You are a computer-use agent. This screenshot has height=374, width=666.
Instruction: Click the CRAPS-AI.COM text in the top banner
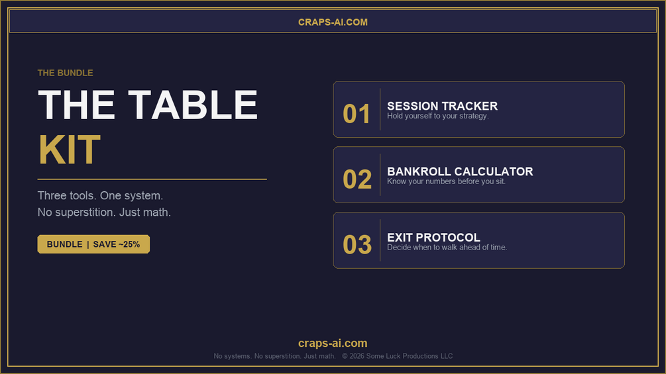333,22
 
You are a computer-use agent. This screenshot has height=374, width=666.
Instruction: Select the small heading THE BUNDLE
65,73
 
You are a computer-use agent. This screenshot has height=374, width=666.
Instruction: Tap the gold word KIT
69,150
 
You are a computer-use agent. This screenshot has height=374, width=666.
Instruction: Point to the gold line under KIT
152,179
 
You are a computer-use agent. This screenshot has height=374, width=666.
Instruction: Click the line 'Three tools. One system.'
100,195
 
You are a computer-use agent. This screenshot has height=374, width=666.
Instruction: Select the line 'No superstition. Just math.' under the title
104,212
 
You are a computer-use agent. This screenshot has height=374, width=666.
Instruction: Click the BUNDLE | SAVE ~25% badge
93,244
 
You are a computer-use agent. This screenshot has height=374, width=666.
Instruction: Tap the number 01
357,114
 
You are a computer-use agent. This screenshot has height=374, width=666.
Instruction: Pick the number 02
357,179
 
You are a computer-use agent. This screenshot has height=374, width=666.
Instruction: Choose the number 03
357,245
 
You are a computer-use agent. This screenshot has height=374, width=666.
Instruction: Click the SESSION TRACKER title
442,106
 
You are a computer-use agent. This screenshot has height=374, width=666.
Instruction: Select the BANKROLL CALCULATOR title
460,171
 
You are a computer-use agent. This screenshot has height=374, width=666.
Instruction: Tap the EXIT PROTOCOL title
433,238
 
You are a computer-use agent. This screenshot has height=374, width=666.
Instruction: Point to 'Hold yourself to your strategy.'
438,116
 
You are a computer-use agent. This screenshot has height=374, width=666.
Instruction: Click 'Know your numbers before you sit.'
446,181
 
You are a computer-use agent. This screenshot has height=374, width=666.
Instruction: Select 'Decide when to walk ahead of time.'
447,247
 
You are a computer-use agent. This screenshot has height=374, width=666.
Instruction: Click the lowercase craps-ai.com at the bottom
333,343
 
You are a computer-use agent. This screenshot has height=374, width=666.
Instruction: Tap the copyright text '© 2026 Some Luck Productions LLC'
397,356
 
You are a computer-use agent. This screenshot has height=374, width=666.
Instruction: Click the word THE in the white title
76,105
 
